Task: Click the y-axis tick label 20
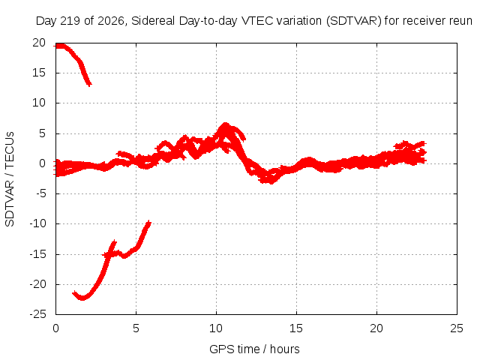[39, 43]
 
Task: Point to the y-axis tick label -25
[38, 314]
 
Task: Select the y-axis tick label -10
[38, 223]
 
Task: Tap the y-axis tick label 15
[39, 73]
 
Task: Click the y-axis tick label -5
[40, 193]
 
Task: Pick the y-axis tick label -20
[38, 284]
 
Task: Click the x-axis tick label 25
[457, 328]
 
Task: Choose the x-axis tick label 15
[296, 328]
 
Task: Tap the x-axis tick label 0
[55, 328]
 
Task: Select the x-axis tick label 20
[376, 328]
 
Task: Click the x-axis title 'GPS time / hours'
[254, 349]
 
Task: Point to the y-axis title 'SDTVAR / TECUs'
[10, 179]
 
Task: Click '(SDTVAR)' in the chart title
[353, 21]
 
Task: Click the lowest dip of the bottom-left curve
[82, 298]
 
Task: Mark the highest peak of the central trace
[225, 124]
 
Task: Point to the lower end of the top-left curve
[89, 85]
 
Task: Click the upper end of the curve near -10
[149, 222]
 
